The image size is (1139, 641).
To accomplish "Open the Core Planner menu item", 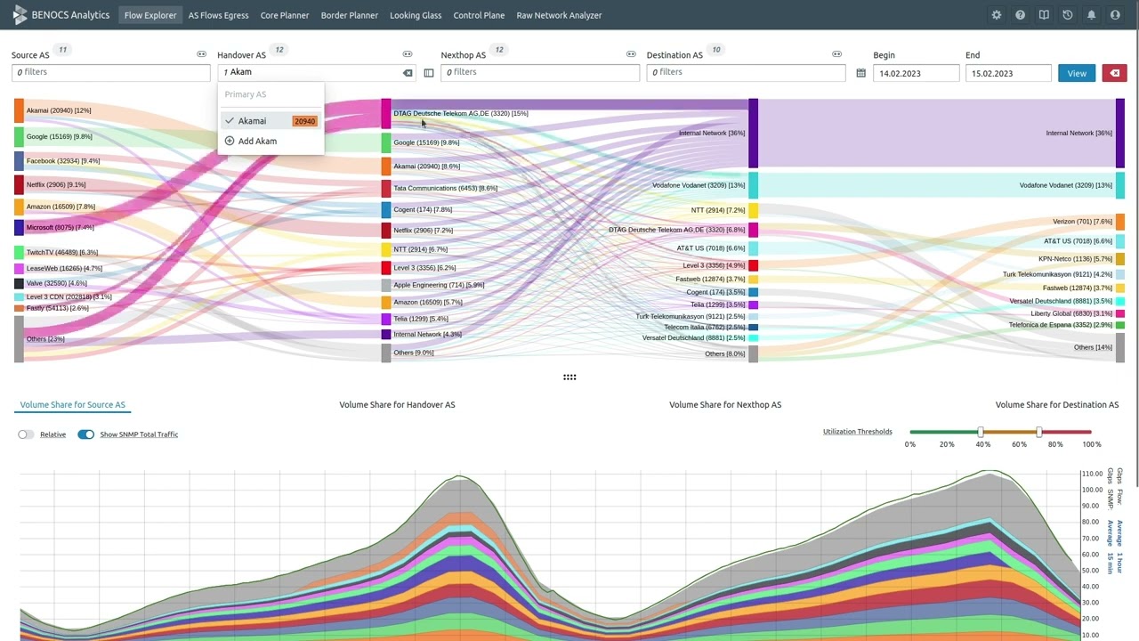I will click(x=284, y=15).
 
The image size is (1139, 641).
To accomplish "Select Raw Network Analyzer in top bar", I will click(x=559, y=15).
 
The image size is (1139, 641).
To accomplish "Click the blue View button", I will click(x=1076, y=73).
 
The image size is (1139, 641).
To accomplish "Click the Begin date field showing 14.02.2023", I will click(x=915, y=73).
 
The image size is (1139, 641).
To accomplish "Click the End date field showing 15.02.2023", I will click(x=1007, y=73).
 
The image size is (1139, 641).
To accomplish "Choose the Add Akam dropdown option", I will click(x=256, y=142).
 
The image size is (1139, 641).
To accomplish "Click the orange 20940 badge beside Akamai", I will click(x=304, y=121).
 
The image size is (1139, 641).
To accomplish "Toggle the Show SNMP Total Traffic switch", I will click(x=85, y=434).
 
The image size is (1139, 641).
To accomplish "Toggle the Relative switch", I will click(x=26, y=434).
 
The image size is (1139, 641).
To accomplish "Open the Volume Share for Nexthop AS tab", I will click(x=724, y=405).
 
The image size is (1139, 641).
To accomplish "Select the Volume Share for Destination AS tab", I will click(x=1056, y=405).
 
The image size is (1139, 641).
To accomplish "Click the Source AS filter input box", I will click(x=111, y=72).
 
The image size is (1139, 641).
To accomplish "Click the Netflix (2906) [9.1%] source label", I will click(x=55, y=185).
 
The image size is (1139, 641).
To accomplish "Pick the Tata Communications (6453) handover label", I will click(x=445, y=189).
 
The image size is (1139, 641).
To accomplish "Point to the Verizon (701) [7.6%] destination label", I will click(x=1082, y=222).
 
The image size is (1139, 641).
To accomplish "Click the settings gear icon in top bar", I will click(x=996, y=15).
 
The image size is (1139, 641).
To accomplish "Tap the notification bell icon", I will click(x=1091, y=15).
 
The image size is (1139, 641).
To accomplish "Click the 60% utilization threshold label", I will click(x=1019, y=444).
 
